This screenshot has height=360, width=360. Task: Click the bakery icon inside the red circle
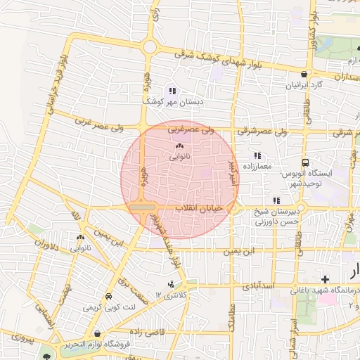click(x=177, y=146)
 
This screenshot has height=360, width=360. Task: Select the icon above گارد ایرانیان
click(x=304, y=74)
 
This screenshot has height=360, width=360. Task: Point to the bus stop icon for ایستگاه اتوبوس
click(x=305, y=161)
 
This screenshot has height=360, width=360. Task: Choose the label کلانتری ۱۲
click(x=171, y=296)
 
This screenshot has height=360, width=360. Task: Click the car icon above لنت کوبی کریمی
click(x=108, y=297)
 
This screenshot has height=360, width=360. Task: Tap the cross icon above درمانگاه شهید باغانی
click(x=324, y=280)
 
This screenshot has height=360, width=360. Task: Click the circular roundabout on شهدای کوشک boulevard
click(x=150, y=47)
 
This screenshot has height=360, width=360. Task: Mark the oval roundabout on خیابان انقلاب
click(x=142, y=208)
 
